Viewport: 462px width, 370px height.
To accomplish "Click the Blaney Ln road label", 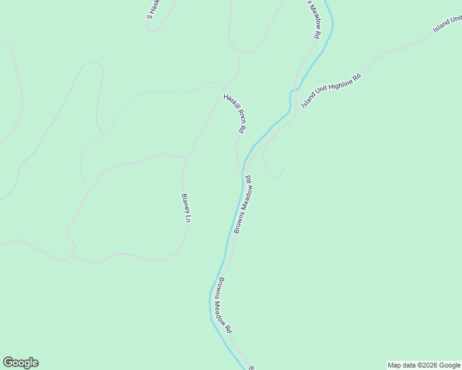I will coord(185,208).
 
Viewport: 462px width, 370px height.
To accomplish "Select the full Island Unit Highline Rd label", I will coord(330,91).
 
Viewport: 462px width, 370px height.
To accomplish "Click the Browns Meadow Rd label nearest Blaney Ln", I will coord(242,204).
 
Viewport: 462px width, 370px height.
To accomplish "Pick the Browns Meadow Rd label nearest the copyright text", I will coord(224,305).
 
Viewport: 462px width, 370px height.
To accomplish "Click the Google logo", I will coord(20,363).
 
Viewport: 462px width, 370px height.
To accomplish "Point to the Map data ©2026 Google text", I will coord(424,365).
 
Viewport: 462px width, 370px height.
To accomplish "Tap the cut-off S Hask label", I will coord(153,9).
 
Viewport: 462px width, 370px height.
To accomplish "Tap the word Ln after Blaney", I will coord(187,219).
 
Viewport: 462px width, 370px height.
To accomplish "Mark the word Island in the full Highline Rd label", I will coord(309,102).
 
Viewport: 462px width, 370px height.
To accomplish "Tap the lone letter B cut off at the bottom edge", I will coord(251,368).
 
